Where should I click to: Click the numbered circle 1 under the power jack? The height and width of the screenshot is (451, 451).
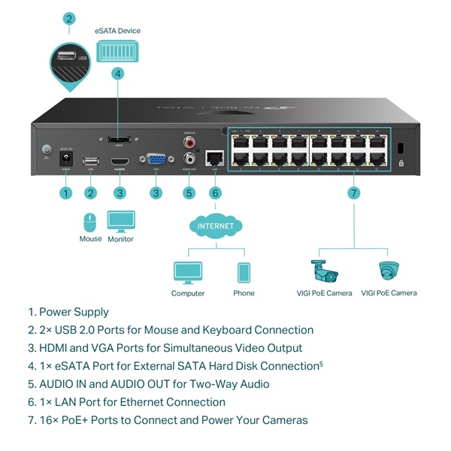[x=65, y=193]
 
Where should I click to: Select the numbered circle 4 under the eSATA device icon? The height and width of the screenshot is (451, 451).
[x=117, y=74]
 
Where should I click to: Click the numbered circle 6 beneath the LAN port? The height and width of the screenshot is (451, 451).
[x=216, y=193]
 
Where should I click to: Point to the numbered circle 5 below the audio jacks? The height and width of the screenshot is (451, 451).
[x=189, y=193]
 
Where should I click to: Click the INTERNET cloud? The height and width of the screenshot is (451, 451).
[x=216, y=225]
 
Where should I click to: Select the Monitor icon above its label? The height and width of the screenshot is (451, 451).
[x=120, y=221]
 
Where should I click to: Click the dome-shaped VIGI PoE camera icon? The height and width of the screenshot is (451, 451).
[x=389, y=271]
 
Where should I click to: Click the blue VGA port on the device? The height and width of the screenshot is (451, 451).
[x=156, y=159]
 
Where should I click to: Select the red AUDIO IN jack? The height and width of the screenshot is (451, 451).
[x=189, y=141]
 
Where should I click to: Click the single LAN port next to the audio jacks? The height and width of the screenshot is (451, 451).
[x=216, y=158]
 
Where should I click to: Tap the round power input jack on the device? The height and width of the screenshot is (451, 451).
[x=65, y=159]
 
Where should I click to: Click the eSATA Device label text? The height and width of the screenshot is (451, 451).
[x=117, y=31]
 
